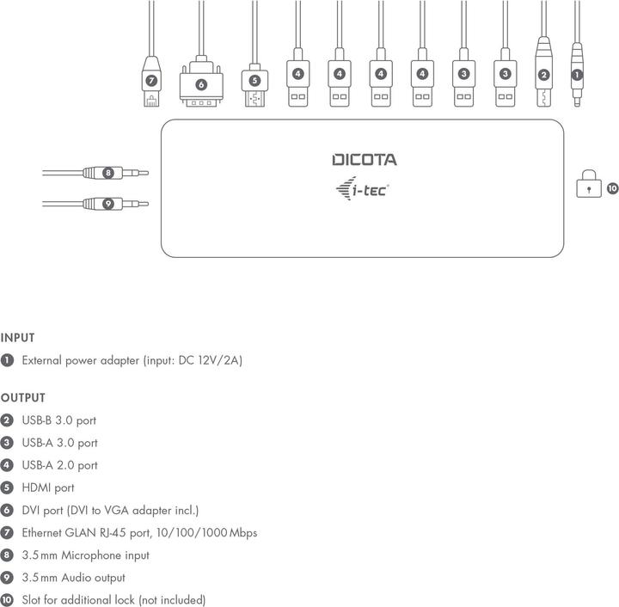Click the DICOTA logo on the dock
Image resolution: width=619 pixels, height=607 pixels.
pos(365,160)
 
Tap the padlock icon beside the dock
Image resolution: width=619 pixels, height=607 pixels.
pos(589,187)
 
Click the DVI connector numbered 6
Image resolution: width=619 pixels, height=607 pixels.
pos(200,86)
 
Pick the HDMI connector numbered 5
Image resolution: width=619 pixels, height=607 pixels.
pos(254,84)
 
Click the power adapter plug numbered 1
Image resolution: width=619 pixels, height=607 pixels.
pos(577,76)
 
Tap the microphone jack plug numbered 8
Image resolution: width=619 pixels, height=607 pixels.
pos(108,173)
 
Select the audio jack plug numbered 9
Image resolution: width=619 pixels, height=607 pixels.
pos(108,204)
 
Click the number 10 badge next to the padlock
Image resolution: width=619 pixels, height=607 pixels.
pos(612,187)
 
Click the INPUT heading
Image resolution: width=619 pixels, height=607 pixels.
pos(17,339)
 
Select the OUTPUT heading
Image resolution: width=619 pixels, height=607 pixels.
pos(22,398)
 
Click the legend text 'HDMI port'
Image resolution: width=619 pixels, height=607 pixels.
pos(47,487)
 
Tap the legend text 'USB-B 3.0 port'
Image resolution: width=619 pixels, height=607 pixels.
pos(58,420)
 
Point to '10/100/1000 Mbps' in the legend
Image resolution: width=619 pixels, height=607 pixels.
pos(213,532)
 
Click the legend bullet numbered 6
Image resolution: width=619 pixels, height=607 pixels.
pos(7,510)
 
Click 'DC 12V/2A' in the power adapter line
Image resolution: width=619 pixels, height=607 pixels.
pos(211,361)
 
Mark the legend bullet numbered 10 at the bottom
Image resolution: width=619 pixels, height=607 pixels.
pos(7,600)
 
